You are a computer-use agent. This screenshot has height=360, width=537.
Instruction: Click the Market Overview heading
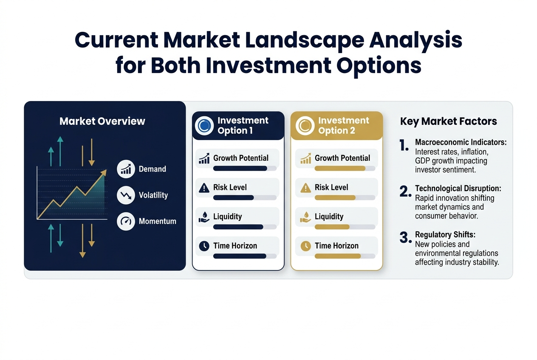(x=102, y=121)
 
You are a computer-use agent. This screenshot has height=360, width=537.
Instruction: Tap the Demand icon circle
(x=126, y=169)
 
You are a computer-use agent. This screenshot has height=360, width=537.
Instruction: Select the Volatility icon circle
(x=126, y=195)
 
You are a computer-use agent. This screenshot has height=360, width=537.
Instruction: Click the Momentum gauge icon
(x=126, y=221)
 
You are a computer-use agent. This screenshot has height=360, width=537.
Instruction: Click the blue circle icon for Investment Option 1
(x=204, y=126)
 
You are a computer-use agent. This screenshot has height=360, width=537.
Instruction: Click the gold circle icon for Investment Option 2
(x=305, y=126)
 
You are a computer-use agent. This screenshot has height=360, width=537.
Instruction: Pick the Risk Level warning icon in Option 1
(x=204, y=188)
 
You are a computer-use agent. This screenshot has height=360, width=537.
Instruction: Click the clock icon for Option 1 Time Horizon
(x=204, y=246)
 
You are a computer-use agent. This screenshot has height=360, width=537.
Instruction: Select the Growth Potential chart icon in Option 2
(x=305, y=158)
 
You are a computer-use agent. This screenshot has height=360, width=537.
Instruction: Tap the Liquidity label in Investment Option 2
(x=329, y=217)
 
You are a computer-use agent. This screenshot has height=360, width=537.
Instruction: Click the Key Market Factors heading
(x=448, y=122)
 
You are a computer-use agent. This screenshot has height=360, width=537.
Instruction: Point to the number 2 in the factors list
(x=404, y=191)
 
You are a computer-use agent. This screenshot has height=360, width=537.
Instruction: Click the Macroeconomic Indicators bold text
(x=461, y=142)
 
